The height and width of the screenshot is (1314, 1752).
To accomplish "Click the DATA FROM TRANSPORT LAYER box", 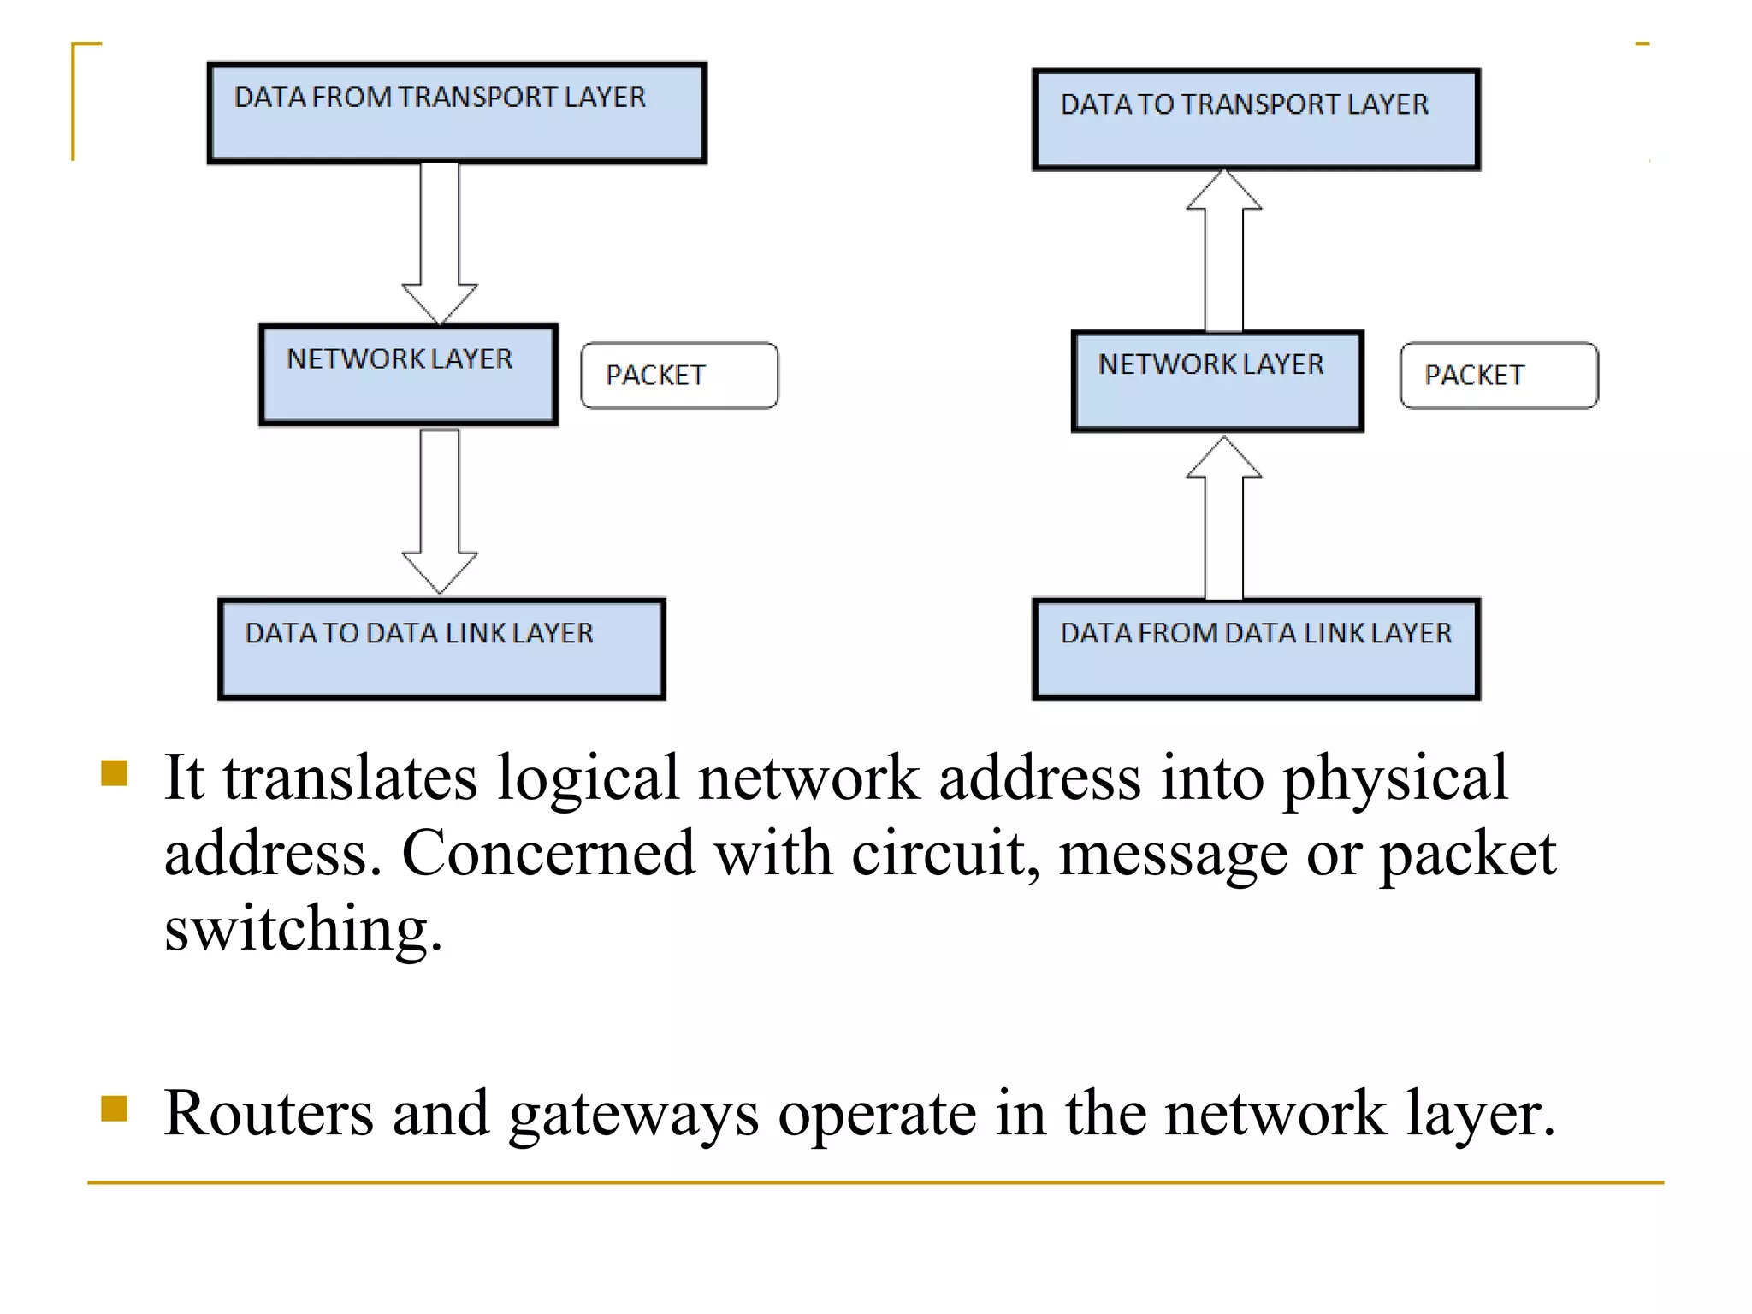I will [x=457, y=113].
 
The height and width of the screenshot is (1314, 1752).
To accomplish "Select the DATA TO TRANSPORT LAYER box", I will [x=1256, y=120].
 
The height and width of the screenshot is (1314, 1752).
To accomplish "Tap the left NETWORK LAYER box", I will [x=409, y=375].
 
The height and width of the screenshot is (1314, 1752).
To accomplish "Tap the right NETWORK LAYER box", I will [x=1216, y=381].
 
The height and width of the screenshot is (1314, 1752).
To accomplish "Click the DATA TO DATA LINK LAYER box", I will [x=441, y=648].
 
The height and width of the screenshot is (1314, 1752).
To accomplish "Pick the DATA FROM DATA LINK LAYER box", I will [x=1256, y=648].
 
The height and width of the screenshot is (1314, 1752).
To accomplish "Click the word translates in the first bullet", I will [x=350, y=778].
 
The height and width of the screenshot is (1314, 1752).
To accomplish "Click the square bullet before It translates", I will [x=114, y=772].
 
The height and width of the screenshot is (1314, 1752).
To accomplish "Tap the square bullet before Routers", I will [x=114, y=1108].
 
